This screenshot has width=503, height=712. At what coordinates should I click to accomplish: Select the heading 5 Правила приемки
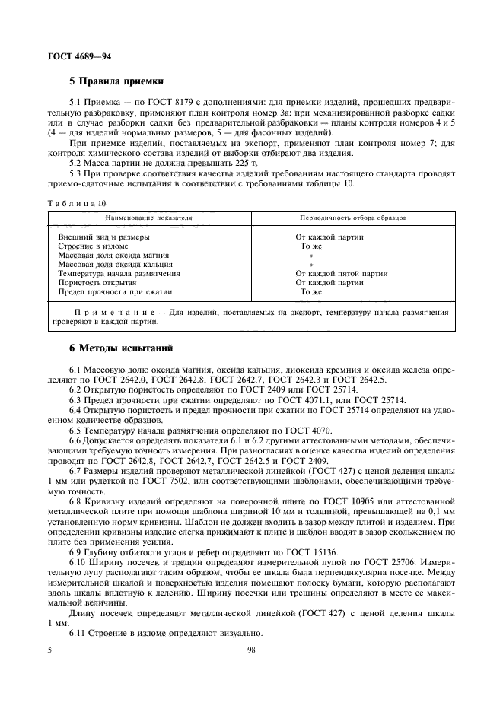click(x=118, y=82)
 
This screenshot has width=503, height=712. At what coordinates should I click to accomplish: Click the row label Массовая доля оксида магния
click(x=113, y=255)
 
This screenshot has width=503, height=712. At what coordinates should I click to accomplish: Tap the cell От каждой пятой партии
click(x=336, y=273)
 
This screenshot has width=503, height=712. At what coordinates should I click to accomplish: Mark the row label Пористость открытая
click(x=97, y=282)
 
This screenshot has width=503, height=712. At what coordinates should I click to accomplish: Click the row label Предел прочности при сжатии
click(x=115, y=291)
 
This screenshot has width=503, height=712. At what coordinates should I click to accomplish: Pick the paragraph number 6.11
click(x=78, y=634)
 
